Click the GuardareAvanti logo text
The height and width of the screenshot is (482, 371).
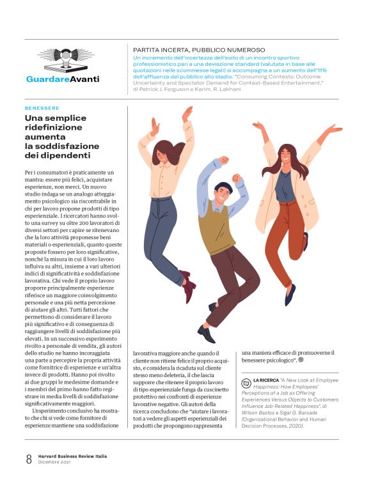coord(63,79)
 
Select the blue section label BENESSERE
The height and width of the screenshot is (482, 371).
coord(42,108)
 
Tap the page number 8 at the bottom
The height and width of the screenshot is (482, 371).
coord(29,458)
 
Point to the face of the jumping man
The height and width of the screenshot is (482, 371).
coord(222,195)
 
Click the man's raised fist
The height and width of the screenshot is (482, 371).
coord(223,160)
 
